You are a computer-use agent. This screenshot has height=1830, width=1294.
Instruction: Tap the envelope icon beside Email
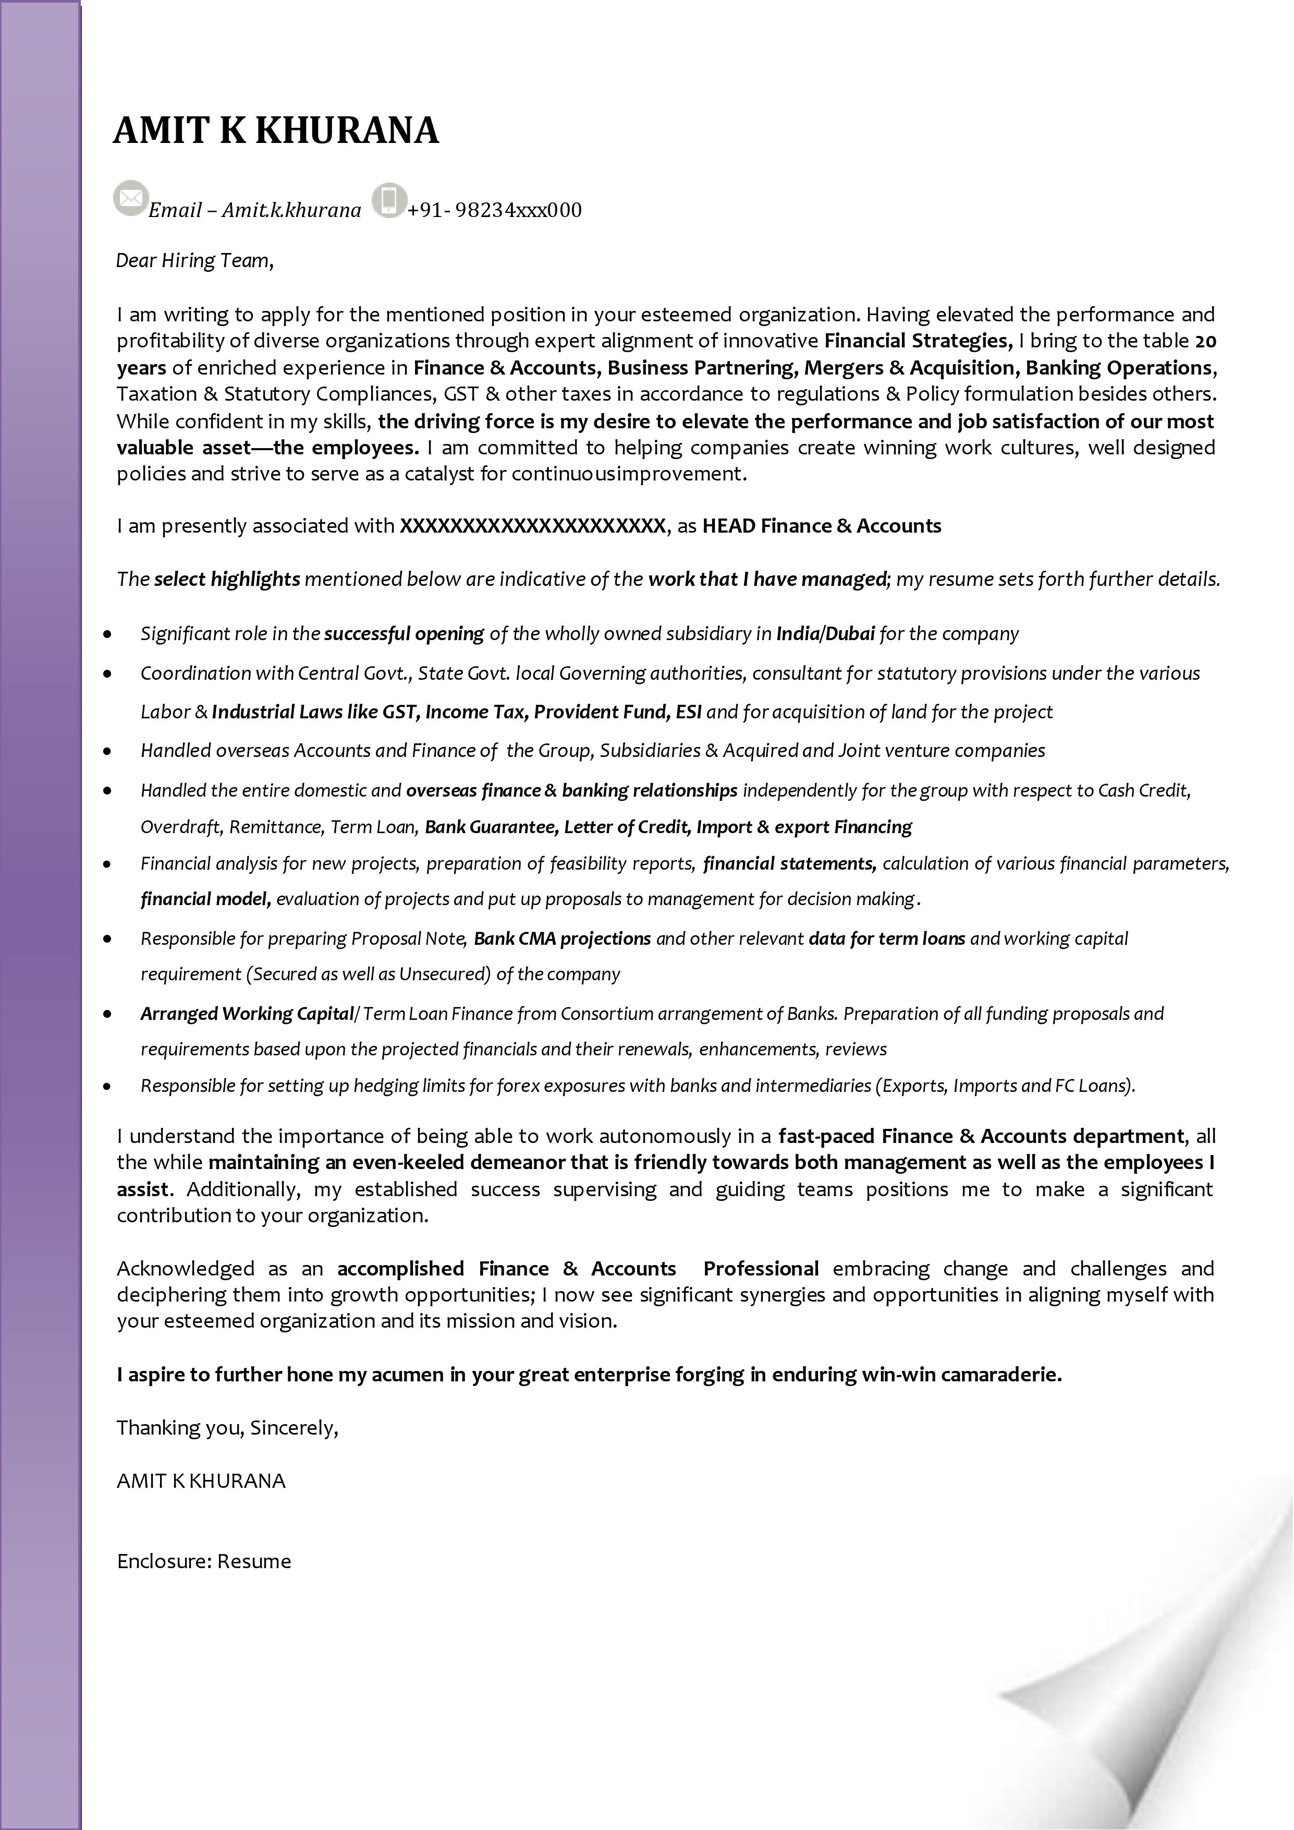tap(131, 198)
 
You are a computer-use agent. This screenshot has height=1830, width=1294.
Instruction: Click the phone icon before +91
tap(389, 199)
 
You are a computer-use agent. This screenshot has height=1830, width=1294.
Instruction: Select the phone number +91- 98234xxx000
tap(494, 210)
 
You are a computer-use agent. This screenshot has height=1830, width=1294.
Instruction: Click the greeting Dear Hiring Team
tap(194, 261)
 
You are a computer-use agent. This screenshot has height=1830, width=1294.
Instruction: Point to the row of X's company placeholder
tap(532, 526)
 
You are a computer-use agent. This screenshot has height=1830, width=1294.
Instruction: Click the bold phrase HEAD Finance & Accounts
tap(822, 526)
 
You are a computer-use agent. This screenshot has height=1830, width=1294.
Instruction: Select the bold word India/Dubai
tap(825, 634)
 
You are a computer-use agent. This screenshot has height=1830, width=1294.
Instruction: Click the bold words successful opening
tap(404, 634)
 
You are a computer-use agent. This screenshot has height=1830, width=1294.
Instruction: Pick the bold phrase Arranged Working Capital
tap(247, 1014)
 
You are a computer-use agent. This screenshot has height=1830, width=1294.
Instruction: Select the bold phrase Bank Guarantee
tap(490, 827)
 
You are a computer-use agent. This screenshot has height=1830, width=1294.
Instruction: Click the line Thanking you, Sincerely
tap(228, 1427)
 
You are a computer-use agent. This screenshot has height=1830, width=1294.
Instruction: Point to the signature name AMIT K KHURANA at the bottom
tap(201, 1481)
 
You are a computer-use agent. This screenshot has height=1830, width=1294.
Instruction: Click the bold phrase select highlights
tap(227, 580)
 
